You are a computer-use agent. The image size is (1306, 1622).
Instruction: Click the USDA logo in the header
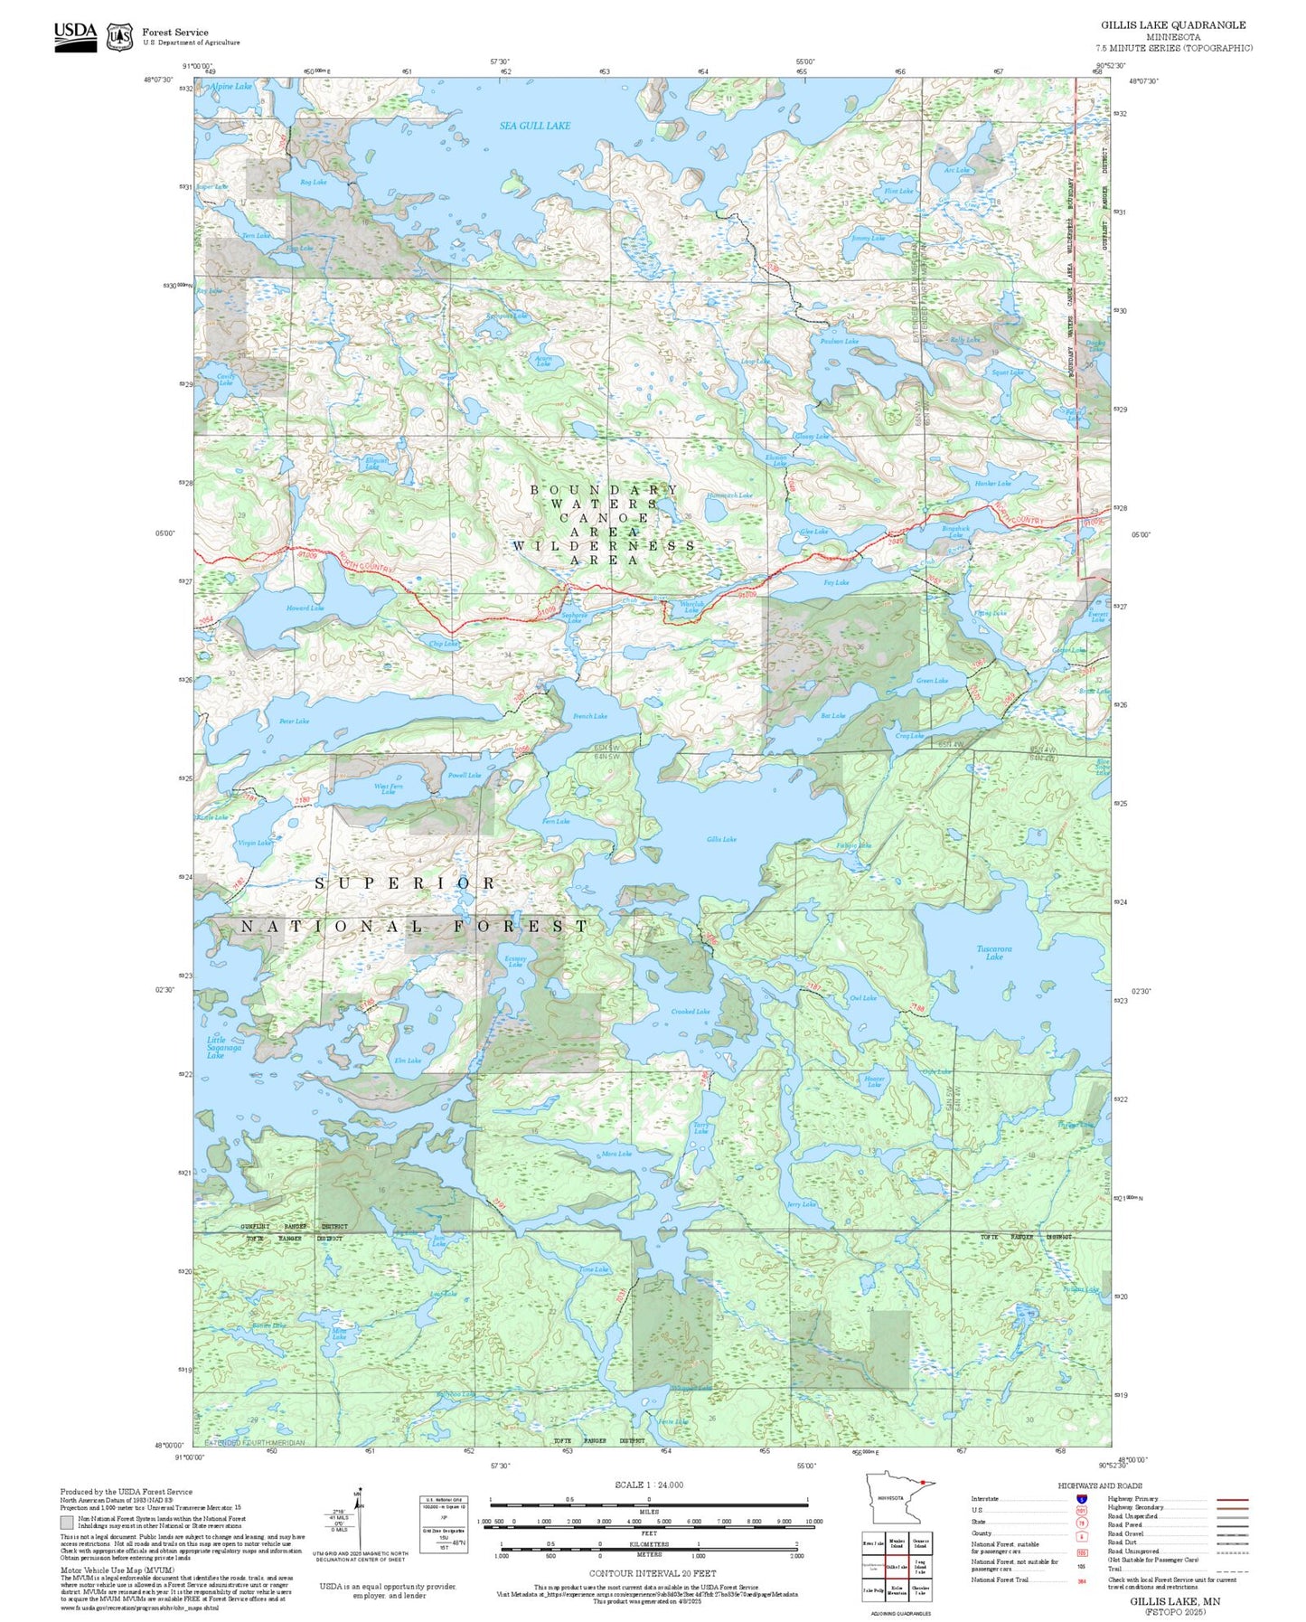(x=75, y=33)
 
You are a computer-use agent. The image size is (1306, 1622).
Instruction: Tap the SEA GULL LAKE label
(x=534, y=126)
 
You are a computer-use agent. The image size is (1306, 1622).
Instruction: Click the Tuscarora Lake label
(x=994, y=952)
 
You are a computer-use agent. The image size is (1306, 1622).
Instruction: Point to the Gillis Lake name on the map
(x=721, y=839)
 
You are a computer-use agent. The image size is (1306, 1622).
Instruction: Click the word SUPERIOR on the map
(x=406, y=882)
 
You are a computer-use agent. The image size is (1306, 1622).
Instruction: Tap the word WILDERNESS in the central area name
(x=604, y=546)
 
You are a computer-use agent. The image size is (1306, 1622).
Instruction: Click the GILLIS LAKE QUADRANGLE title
(x=1172, y=25)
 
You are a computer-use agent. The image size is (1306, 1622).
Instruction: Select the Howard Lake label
(x=305, y=608)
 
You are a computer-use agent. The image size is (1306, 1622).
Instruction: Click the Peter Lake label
(x=294, y=721)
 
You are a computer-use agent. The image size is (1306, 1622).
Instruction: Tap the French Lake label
(x=589, y=716)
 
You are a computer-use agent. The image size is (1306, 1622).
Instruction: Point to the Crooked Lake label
(x=690, y=1012)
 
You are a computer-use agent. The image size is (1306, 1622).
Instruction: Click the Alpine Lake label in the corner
(x=231, y=87)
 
